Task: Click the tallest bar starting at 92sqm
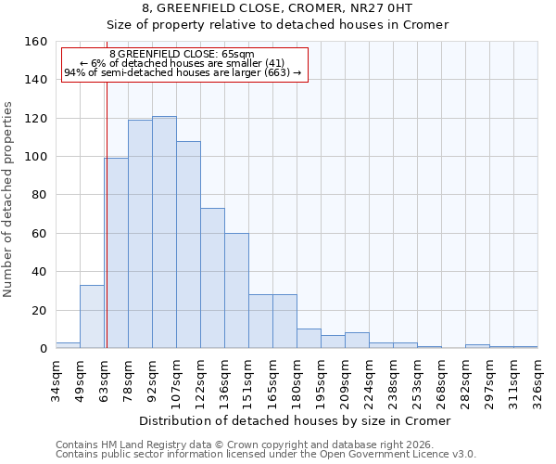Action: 164,232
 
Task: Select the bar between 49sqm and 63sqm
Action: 92,316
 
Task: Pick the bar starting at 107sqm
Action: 188,245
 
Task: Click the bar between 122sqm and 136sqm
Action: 212,278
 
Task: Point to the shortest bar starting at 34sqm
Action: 68,345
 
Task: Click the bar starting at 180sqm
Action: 309,339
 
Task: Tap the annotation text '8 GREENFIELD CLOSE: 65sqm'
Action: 182,55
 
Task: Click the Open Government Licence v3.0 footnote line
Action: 266,455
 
